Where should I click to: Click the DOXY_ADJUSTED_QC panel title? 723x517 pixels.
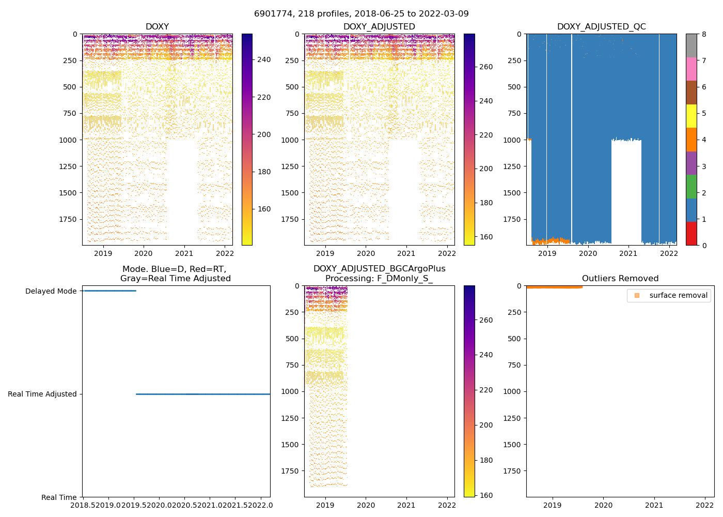601,26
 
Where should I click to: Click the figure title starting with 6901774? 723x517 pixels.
361,13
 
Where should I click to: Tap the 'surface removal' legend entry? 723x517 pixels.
678,295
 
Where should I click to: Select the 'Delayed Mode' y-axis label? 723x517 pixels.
51,291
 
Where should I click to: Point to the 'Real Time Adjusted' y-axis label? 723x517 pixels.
42,394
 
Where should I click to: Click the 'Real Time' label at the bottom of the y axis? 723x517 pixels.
59,497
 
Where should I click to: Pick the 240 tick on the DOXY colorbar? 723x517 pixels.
264,60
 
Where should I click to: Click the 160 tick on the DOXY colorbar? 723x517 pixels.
264,209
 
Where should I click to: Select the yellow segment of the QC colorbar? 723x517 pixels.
691,116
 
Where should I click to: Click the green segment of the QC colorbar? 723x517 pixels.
691,187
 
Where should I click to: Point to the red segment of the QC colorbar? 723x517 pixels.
691,234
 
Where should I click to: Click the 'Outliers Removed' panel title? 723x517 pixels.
620,279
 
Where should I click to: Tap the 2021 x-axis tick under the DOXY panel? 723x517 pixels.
184,253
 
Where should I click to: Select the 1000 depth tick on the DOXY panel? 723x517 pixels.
68,140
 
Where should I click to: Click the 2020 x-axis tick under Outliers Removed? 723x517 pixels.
603,505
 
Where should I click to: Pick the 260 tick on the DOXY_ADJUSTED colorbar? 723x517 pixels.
486,67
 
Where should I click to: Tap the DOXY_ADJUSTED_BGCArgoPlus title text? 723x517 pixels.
379,269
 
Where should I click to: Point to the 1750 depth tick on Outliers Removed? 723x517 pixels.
511,471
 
